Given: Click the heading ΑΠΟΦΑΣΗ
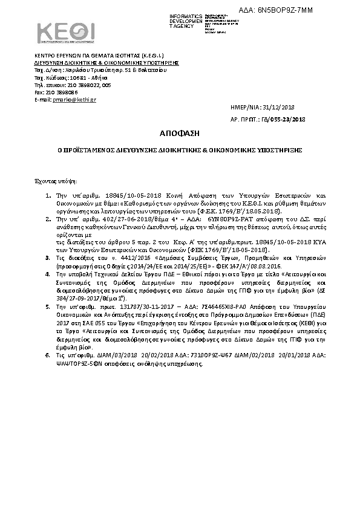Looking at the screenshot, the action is click(179, 132).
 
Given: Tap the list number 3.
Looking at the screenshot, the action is click(48, 257).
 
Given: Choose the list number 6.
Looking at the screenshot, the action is click(48, 355).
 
